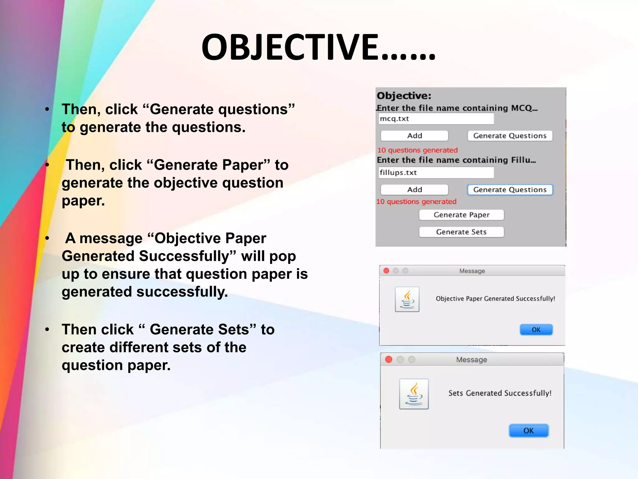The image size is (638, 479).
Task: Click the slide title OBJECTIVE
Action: (318, 47)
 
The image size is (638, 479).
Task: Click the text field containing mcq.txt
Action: (436, 119)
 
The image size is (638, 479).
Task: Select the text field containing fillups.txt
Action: (436, 173)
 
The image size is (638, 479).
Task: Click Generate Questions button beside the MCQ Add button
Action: (510, 136)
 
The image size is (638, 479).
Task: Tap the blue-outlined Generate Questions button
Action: (510, 190)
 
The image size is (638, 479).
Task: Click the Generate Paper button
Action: (461, 215)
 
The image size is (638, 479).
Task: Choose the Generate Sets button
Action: (461, 232)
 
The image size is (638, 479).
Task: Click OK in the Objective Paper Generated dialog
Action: (536, 330)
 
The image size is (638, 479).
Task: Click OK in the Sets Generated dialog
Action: (528, 431)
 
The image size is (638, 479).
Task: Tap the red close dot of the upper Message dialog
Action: (386, 271)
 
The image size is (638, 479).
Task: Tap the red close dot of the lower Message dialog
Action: (388, 360)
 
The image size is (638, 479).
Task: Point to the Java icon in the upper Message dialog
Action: (407, 299)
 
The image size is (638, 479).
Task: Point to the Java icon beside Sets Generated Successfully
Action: (414, 394)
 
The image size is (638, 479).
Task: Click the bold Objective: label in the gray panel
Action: (404, 96)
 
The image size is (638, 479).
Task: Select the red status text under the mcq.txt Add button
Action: (417, 150)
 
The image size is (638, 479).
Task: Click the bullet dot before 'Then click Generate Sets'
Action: (47, 330)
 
